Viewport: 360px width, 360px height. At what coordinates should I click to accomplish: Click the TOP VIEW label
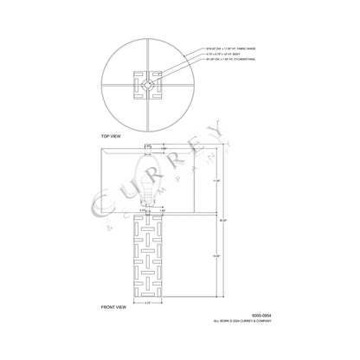(x=112, y=137)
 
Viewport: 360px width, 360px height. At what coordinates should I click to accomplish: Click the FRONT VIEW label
(x=114, y=306)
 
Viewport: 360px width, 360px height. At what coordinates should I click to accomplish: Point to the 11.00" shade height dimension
(x=216, y=179)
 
